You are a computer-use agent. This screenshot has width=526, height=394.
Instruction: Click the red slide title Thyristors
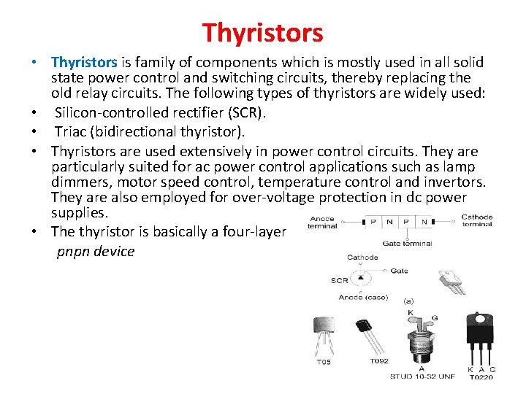[262, 32]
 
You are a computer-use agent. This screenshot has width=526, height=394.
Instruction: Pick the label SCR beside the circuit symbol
[339, 281]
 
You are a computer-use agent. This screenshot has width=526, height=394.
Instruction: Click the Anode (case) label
[362, 297]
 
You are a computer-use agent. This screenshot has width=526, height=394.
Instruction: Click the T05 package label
[323, 362]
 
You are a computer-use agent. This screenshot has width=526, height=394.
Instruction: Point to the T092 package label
[378, 361]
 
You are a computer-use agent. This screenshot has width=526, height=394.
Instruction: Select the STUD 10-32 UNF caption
[422, 376]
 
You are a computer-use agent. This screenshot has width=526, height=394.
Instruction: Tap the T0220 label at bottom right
[481, 376]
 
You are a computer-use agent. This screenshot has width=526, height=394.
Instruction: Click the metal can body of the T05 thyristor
[323, 330]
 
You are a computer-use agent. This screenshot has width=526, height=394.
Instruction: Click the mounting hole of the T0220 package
[481, 318]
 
